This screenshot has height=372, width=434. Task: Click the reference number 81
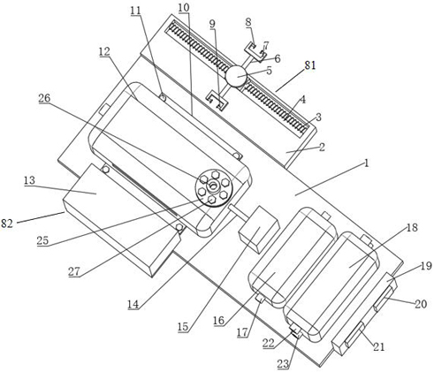pos(310,65)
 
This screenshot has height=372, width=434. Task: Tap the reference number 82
pos(7,224)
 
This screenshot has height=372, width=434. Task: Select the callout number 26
pos(44,98)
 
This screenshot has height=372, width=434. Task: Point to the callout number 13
pos(29,180)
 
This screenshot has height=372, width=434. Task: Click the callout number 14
pos(133,304)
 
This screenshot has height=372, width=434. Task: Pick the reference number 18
pos(413,227)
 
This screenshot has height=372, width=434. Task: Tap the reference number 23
pos(283,364)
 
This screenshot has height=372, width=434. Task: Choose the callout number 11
pos(136,11)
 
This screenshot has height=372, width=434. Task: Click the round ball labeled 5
pos(236,76)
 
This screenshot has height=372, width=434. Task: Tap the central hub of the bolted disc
pos(213,186)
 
